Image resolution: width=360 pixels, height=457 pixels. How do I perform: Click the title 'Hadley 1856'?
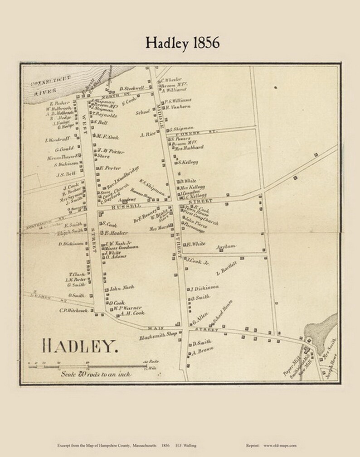pos(182,42)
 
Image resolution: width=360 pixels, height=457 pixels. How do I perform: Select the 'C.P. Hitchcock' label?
pos(73,311)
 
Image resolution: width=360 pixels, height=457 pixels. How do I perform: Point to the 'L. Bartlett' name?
pos(227,269)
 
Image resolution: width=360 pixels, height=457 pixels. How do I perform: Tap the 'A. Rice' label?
pos(148,135)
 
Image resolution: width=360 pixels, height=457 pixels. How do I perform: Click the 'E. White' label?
pos(196,244)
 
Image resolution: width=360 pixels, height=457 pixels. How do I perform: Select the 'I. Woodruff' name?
pos(56,140)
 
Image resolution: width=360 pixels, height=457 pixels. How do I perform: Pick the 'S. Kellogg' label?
pos(190,162)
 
